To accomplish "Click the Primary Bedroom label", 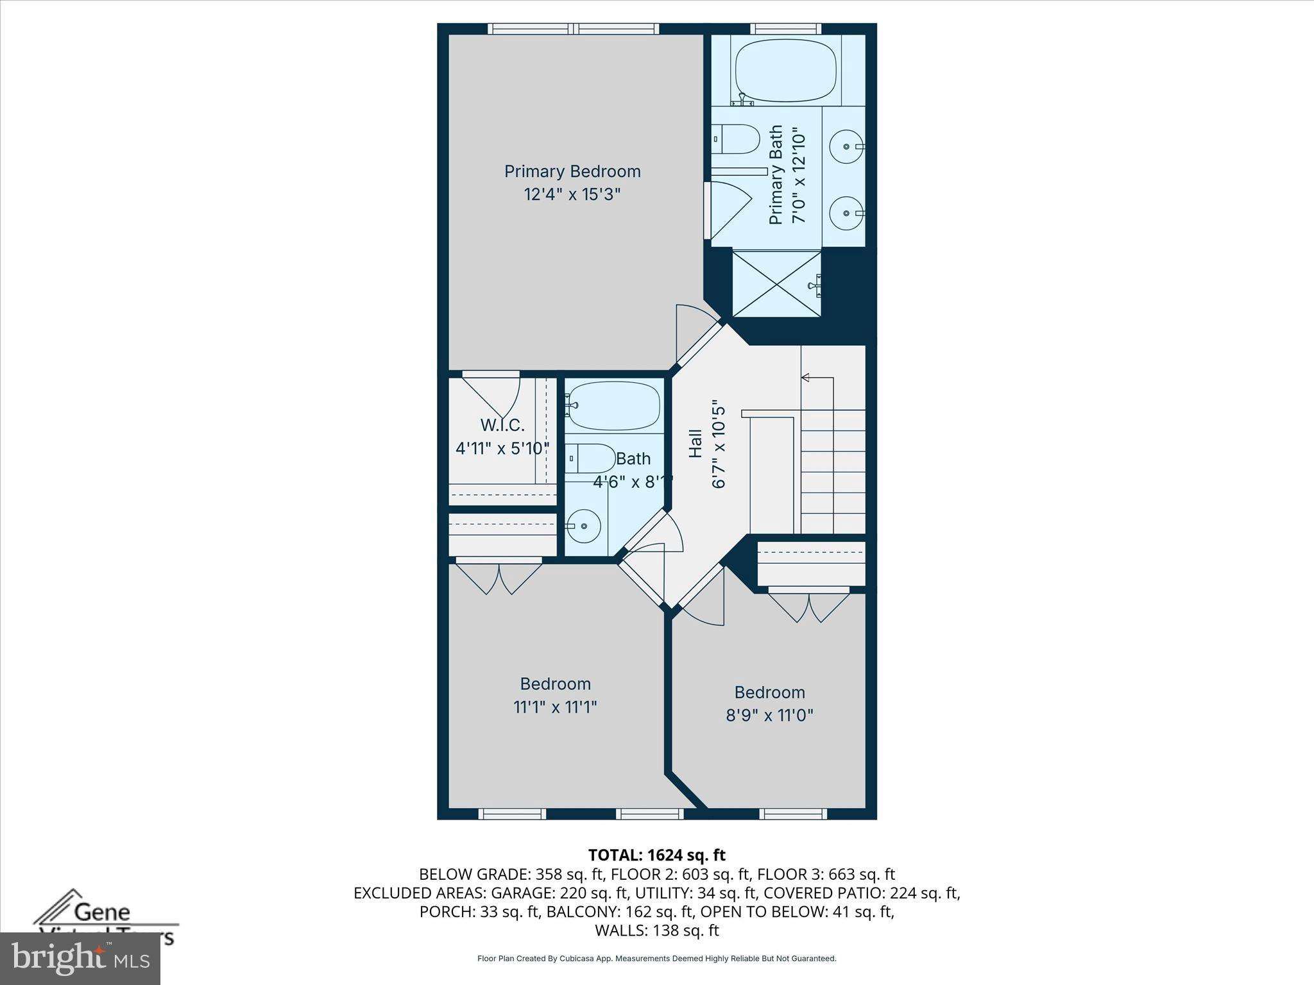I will click(x=572, y=172).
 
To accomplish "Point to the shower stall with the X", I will click(x=776, y=283).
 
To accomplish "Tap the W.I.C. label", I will click(x=502, y=425).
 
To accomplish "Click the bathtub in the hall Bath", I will click(x=615, y=407).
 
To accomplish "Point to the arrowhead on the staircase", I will click(x=805, y=378).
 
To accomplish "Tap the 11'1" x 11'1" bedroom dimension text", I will click(x=555, y=707).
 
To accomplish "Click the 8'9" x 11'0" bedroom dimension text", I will click(x=769, y=715).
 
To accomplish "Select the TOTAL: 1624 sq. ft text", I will click(x=656, y=855).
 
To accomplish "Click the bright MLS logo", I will click(x=80, y=957).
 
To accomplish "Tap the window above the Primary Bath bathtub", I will click(x=785, y=28).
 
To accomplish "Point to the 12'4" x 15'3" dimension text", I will click(x=572, y=194).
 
